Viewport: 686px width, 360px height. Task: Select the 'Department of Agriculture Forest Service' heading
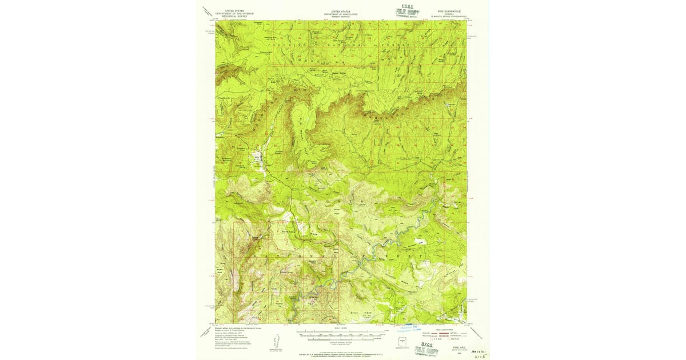341,14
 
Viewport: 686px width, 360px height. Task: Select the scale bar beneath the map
341,331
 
